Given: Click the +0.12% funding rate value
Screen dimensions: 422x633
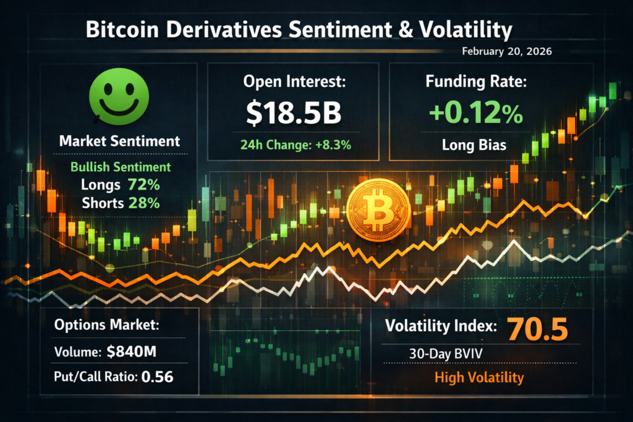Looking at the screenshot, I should (x=475, y=114).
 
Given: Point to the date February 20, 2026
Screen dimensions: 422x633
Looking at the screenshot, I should (x=507, y=52).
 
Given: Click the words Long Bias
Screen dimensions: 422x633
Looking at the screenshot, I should (x=475, y=146).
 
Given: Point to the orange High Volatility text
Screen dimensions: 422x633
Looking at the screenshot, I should (x=478, y=378).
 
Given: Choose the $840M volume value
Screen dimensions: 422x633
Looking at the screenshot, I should (x=131, y=353).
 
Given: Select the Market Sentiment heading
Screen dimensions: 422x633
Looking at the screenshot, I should (x=119, y=141).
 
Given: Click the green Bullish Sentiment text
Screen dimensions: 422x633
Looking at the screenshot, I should (x=121, y=167).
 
